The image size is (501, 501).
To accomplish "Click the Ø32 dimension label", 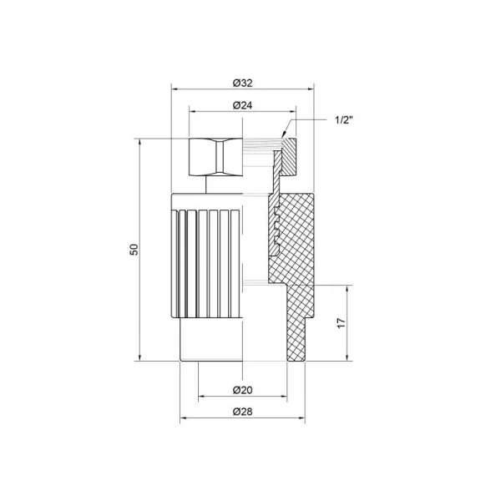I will click(x=241, y=82).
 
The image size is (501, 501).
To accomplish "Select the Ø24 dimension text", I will click(x=241, y=105).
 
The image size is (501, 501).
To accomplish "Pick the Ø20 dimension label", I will click(x=241, y=390).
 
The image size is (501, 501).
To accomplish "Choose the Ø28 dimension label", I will click(x=241, y=412).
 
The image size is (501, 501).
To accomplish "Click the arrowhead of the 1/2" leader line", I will click(x=284, y=135).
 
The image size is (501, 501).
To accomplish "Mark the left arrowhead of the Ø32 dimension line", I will click(x=173, y=88).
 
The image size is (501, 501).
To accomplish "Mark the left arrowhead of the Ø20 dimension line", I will click(x=199, y=397).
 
